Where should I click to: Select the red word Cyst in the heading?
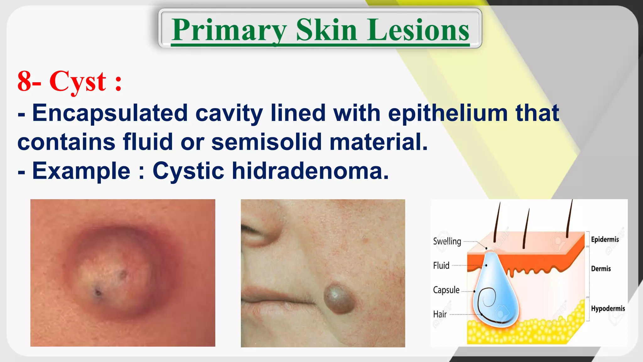(x=78, y=82)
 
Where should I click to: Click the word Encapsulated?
(x=110, y=113)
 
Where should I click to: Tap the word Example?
(x=81, y=171)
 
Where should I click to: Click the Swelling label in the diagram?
(x=447, y=241)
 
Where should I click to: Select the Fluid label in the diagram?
(x=441, y=266)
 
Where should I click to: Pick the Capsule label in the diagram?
(x=446, y=290)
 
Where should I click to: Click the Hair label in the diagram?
(x=440, y=314)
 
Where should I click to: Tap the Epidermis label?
(x=605, y=239)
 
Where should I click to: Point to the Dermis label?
(x=601, y=269)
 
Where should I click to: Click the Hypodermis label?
(x=608, y=308)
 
